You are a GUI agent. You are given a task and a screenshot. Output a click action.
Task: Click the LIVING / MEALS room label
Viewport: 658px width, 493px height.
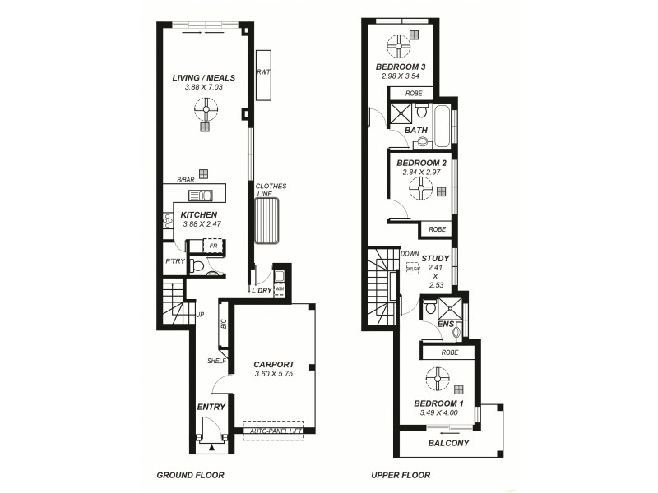click(x=203, y=78)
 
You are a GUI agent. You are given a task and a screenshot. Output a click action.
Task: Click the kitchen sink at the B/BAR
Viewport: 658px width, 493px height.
click(x=201, y=196)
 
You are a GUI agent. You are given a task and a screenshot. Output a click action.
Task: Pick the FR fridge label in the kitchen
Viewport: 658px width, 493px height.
click(x=213, y=245)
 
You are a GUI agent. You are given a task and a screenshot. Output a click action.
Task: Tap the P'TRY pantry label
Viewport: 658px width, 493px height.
click(x=174, y=261)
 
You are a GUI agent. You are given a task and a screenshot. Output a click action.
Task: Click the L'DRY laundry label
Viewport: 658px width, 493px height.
click(x=262, y=291)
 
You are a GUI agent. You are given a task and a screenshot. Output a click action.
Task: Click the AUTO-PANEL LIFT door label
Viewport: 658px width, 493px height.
click(x=273, y=431)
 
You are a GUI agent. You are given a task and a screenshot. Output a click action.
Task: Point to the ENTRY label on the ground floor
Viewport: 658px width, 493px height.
click(x=211, y=407)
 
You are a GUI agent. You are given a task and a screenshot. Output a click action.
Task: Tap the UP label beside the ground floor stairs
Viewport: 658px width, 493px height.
click(x=200, y=314)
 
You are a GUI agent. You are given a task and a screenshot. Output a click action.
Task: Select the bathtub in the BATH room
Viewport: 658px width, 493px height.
click(x=443, y=125)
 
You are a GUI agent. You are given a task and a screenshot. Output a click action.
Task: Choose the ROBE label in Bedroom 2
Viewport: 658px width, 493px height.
click(x=437, y=229)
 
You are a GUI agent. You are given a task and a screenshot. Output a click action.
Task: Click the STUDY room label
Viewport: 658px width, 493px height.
click(x=435, y=258)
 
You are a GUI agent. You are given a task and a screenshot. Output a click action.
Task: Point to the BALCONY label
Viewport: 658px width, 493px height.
click(x=448, y=444)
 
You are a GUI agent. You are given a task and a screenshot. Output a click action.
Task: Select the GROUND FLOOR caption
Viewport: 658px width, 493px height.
click(x=191, y=475)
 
